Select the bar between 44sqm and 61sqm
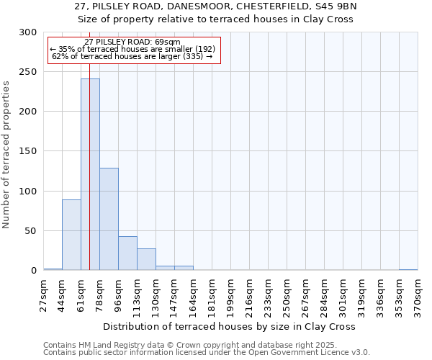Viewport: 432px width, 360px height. [71, 235]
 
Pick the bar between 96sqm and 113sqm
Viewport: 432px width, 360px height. [127, 253]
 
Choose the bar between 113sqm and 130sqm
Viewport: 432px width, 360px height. [146, 259]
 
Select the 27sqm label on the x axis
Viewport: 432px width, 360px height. [44, 294]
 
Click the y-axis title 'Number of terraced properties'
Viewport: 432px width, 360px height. [7, 154]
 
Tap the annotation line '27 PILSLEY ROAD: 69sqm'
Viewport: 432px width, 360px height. [132, 42]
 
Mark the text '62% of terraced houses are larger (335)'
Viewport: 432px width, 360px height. [132, 55]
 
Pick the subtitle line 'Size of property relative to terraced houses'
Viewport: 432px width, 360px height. [216, 19]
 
